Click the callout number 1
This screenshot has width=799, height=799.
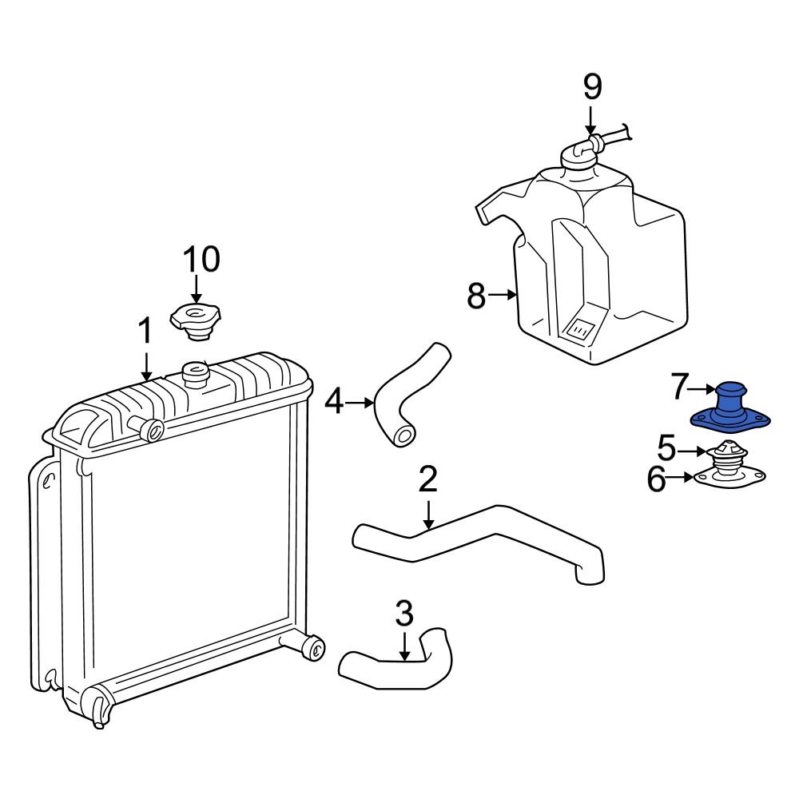(x=145, y=332)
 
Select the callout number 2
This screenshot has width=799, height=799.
(x=427, y=479)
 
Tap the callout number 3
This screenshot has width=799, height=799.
(x=404, y=614)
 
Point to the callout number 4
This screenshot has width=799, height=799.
(x=333, y=402)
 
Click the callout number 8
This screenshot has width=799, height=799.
(x=476, y=296)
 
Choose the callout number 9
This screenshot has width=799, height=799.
(x=590, y=87)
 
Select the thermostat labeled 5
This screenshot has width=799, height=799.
(x=728, y=453)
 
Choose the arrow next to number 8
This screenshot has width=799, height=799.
(x=503, y=296)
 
